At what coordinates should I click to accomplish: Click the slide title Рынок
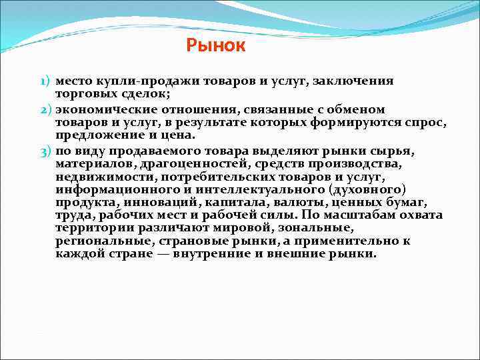(216, 45)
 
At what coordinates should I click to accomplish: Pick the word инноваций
(157, 203)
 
